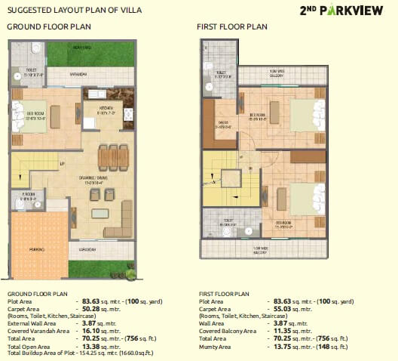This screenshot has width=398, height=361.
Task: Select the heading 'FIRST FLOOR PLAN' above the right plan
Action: coord(232,26)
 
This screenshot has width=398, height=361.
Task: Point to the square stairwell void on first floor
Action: coord(230,180)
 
